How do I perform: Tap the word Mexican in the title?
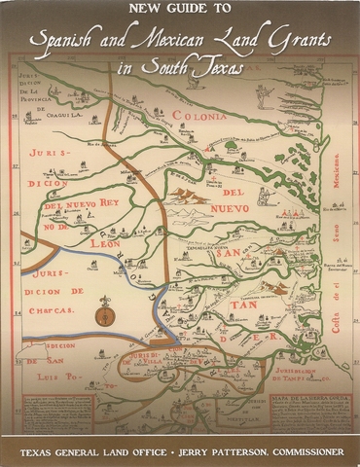tap(163, 40)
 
